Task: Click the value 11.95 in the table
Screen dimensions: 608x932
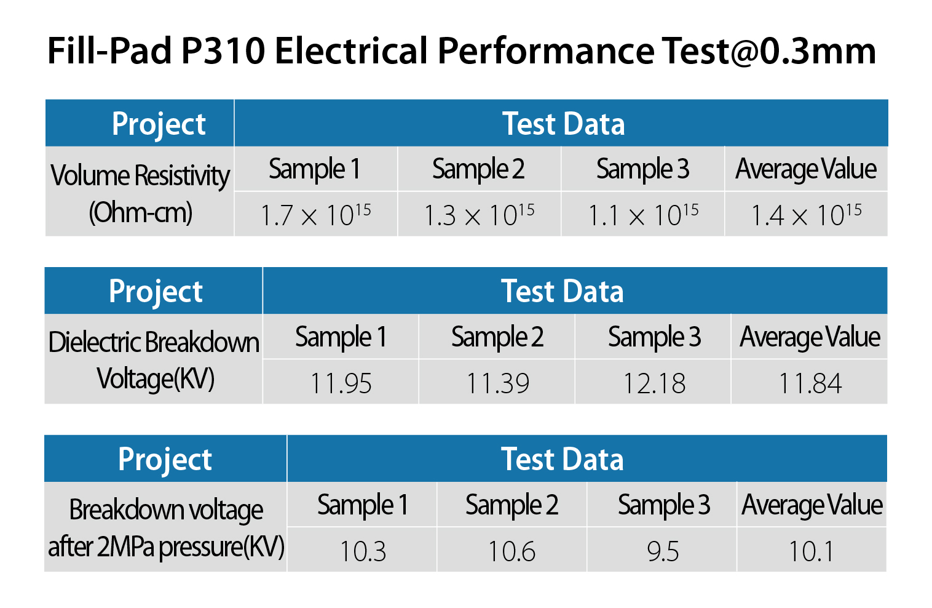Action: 341,383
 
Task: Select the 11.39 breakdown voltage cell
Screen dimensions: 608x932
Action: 497,383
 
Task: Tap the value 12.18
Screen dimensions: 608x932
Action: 654,383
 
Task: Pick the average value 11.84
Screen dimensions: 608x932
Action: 810,383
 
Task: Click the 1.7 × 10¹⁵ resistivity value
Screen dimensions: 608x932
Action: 315,215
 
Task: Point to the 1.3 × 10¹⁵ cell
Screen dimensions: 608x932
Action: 479,215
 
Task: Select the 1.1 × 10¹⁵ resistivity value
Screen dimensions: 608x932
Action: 643,215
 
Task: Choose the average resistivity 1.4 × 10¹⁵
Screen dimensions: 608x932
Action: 806,215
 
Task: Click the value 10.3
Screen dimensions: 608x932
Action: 363,551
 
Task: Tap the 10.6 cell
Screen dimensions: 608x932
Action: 511,551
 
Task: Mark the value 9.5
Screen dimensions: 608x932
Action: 663,551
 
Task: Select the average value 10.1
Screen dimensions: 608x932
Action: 812,551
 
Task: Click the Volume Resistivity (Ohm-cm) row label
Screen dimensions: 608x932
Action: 140,193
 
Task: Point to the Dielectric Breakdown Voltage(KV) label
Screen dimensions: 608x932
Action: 154,360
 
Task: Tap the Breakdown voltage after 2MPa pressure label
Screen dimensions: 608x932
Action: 166,528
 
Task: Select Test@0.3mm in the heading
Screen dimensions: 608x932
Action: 768,50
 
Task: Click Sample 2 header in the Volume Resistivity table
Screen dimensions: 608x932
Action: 478,169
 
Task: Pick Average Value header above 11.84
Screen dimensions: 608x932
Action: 810,337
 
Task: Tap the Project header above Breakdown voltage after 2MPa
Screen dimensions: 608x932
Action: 165,459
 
